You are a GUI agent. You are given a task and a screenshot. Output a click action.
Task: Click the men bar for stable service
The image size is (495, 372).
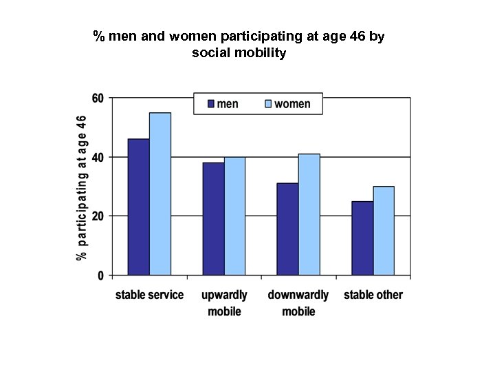[x=138, y=207]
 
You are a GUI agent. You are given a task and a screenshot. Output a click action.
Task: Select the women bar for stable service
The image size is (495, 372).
[x=160, y=194]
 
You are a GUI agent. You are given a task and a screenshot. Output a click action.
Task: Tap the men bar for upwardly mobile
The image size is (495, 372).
[x=213, y=218]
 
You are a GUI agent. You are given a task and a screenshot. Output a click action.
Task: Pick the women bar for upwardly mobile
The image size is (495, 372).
[x=234, y=216]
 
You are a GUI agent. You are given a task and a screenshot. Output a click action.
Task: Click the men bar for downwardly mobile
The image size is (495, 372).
[x=287, y=229]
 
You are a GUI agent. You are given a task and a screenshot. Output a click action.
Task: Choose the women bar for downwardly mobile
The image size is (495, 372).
[x=309, y=214]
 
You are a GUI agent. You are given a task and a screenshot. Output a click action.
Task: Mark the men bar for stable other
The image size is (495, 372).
[x=362, y=238]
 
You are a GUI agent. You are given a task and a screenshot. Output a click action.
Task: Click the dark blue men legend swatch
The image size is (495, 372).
[x=209, y=104]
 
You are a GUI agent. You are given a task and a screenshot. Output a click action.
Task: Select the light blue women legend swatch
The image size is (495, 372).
[x=267, y=104]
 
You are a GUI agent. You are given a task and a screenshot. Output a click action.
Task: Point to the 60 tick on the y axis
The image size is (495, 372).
[x=98, y=99]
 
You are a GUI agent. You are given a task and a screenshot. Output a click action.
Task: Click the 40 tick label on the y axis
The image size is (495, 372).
[x=98, y=157]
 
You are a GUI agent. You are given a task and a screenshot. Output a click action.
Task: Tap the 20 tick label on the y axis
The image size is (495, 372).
[x=98, y=216]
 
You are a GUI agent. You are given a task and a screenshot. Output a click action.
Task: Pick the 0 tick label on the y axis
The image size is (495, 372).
[x=100, y=276]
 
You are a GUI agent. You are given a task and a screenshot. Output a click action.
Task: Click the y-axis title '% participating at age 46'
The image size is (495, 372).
[x=82, y=188]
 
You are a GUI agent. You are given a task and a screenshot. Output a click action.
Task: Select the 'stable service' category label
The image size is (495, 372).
[x=149, y=295]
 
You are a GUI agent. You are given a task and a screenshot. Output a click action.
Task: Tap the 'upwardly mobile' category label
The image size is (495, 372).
[x=224, y=303]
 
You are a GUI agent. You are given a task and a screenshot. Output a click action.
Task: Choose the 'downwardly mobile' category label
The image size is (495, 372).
[x=298, y=303]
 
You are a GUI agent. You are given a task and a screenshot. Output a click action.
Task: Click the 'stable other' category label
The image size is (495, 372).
[x=373, y=295]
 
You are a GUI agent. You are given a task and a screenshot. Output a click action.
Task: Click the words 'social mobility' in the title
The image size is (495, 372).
[x=239, y=53]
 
